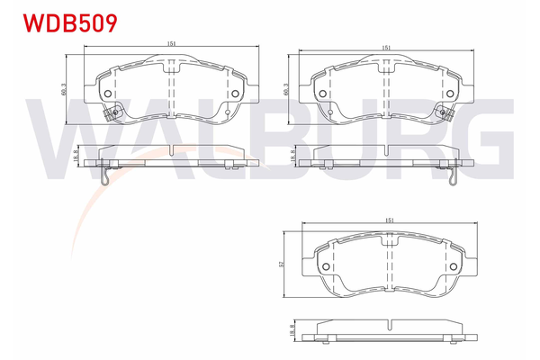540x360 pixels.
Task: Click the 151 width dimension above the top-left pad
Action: tap(170, 44)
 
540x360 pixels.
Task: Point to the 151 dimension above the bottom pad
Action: tap(391, 219)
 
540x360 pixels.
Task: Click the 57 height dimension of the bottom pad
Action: tap(283, 263)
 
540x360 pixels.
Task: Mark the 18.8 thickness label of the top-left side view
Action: tap(76, 156)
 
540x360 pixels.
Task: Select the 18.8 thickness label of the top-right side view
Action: tap(292, 156)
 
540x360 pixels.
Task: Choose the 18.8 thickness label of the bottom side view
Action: tap(291, 329)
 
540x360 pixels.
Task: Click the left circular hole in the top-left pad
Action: tap(107, 93)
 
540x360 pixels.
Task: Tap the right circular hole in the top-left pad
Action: tap(236, 93)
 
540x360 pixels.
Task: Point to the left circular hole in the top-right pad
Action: tap(323, 93)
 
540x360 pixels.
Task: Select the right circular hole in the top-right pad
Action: tap(452, 93)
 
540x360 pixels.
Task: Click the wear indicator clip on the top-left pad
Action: tap(111, 114)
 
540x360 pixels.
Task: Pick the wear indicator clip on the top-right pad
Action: tap(447, 113)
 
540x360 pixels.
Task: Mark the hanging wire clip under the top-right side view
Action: tap(452, 175)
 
